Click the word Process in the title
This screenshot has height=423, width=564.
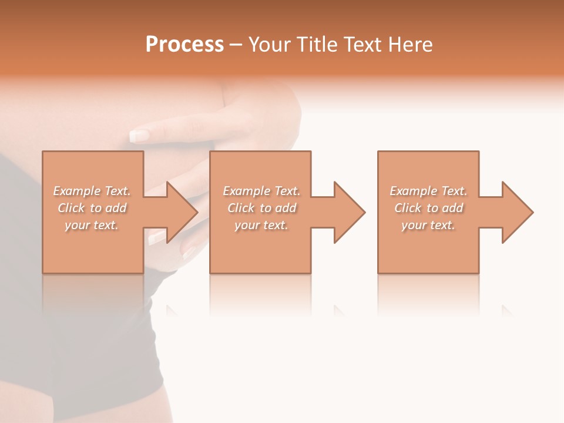(x=184, y=45)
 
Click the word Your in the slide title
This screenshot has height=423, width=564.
(x=270, y=45)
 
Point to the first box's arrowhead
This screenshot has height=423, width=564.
(x=182, y=212)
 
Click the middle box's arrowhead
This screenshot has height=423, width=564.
(x=350, y=212)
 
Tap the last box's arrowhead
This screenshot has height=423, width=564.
(x=518, y=212)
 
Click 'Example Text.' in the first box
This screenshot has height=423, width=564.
(x=92, y=191)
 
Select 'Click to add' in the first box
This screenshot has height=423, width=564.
(x=92, y=208)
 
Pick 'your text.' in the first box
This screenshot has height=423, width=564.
(x=92, y=225)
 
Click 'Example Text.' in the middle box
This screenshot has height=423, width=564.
(x=261, y=191)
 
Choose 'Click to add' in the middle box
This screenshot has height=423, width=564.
(x=261, y=208)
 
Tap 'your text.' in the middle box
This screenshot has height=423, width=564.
(x=261, y=225)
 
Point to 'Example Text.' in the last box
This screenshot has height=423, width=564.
(x=428, y=191)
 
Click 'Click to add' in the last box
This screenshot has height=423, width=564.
(x=428, y=208)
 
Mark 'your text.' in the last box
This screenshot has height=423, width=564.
(x=428, y=225)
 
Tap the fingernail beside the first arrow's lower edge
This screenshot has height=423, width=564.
(x=157, y=237)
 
